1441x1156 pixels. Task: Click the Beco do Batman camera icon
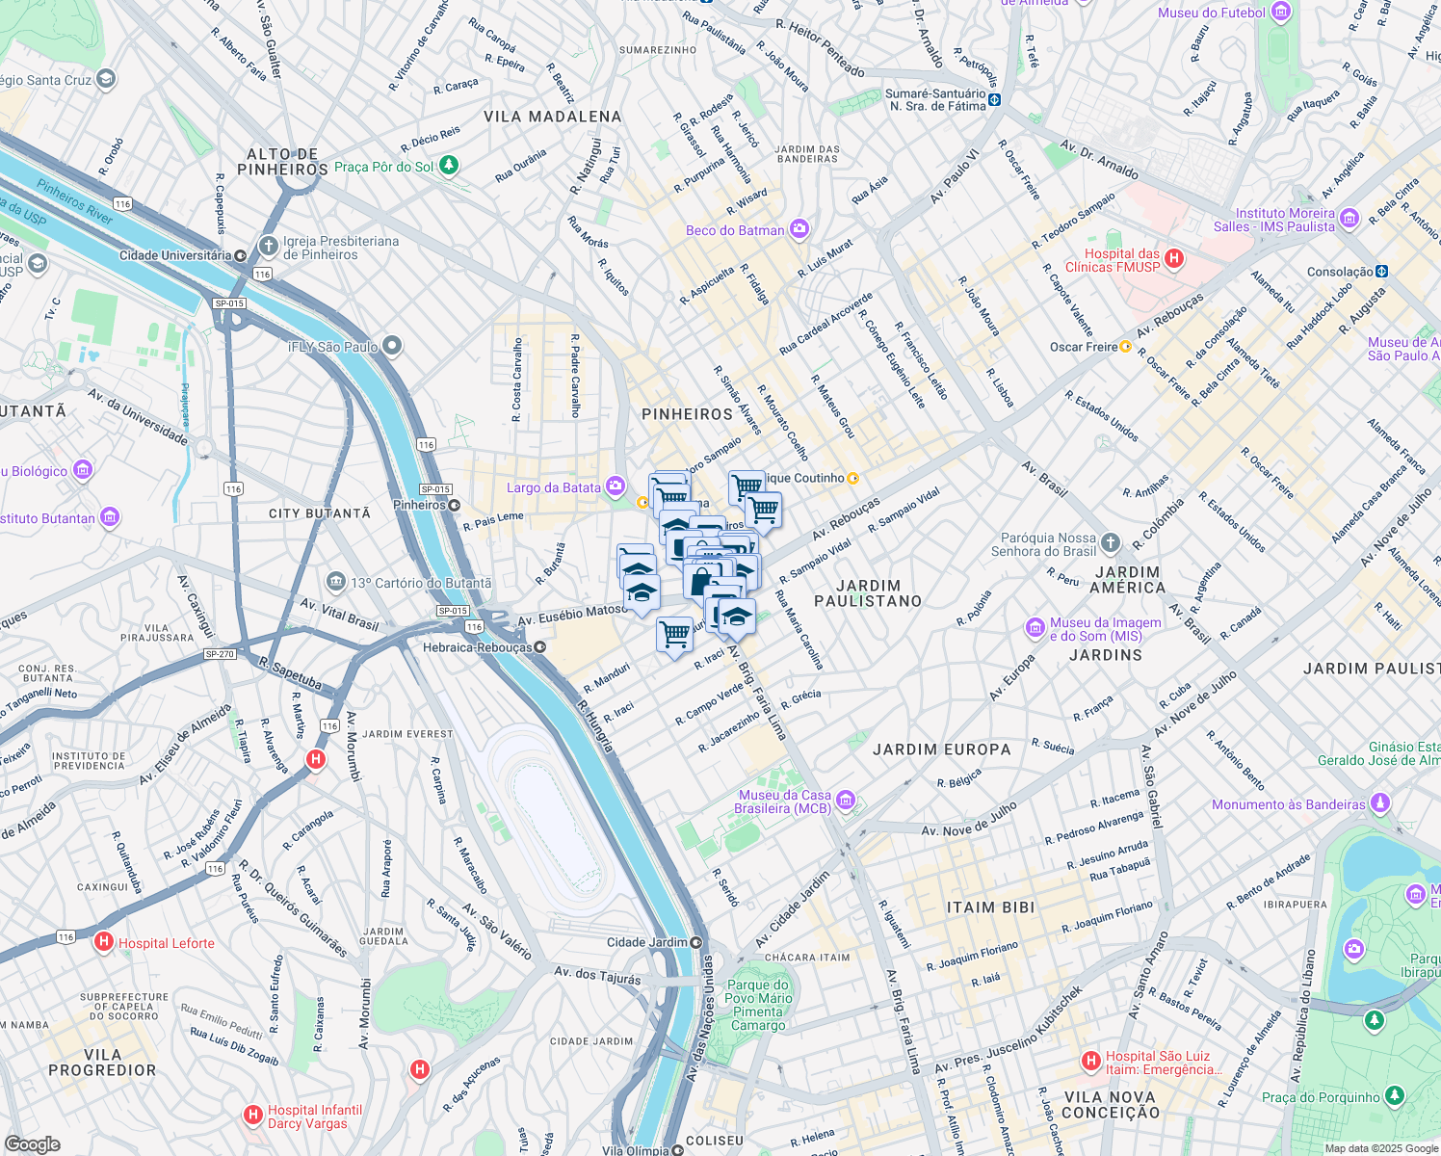click(x=799, y=229)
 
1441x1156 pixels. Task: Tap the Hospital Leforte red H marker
click(x=104, y=943)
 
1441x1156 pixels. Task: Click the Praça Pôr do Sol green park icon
click(x=449, y=167)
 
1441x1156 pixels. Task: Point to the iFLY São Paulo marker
click(x=391, y=346)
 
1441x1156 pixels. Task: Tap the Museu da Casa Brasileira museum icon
click(x=846, y=801)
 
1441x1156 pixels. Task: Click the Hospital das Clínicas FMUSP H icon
click(x=1174, y=258)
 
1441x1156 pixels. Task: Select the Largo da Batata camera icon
click(x=616, y=486)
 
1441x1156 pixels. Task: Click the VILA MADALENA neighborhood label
click(x=552, y=117)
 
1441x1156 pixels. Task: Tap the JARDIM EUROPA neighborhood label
click(x=941, y=749)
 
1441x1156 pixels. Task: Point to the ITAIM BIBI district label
click(x=990, y=907)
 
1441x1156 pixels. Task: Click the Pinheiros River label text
click(x=75, y=201)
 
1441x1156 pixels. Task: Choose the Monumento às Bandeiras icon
click(x=1380, y=802)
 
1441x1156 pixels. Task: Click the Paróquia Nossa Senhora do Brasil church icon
click(x=1111, y=543)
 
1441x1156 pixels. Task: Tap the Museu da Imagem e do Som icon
click(x=1035, y=628)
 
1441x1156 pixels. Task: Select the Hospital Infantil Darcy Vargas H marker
click(x=252, y=1116)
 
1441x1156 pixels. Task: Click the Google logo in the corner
click(x=32, y=1143)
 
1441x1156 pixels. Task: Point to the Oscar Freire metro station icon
click(x=1125, y=347)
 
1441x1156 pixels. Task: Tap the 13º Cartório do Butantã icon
click(x=335, y=582)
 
